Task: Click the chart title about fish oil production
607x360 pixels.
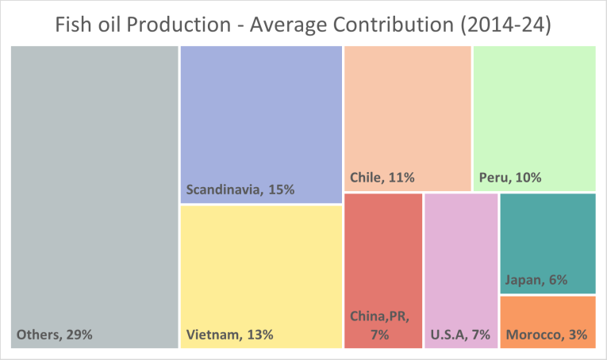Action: pos(303,24)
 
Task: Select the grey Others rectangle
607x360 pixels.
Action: pos(94,190)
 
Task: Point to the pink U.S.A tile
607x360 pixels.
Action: pos(461,254)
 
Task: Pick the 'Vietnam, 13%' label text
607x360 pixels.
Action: pos(230,335)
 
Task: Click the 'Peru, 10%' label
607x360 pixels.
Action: pos(510,178)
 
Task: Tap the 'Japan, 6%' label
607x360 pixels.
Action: pos(536,280)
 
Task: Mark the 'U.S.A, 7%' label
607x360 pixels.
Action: pos(459,335)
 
